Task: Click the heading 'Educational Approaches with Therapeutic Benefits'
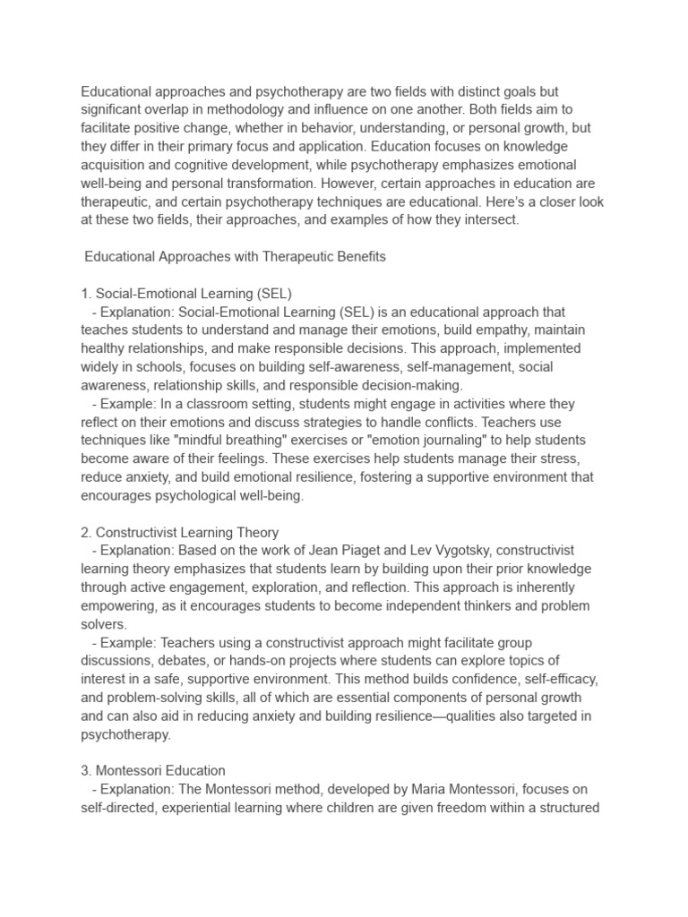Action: pyautogui.click(x=235, y=257)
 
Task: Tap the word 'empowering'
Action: pyautogui.click(x=118, y=605)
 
